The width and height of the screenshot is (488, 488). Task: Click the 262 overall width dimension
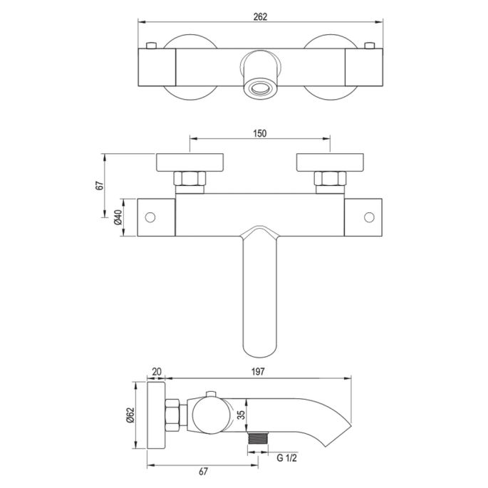[260, 18]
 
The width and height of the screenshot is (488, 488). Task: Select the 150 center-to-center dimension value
[261, 133]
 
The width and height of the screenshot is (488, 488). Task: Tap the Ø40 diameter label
[119, 217]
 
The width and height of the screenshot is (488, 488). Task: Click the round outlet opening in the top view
[260, 89]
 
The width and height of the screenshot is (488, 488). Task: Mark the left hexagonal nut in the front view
[190, 179]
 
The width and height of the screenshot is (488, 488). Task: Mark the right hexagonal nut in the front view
[331, 179]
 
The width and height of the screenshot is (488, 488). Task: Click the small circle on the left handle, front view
[151, 217]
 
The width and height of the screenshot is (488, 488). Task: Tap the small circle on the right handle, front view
[369, 217]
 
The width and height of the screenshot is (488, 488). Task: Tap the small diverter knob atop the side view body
[211, 395]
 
